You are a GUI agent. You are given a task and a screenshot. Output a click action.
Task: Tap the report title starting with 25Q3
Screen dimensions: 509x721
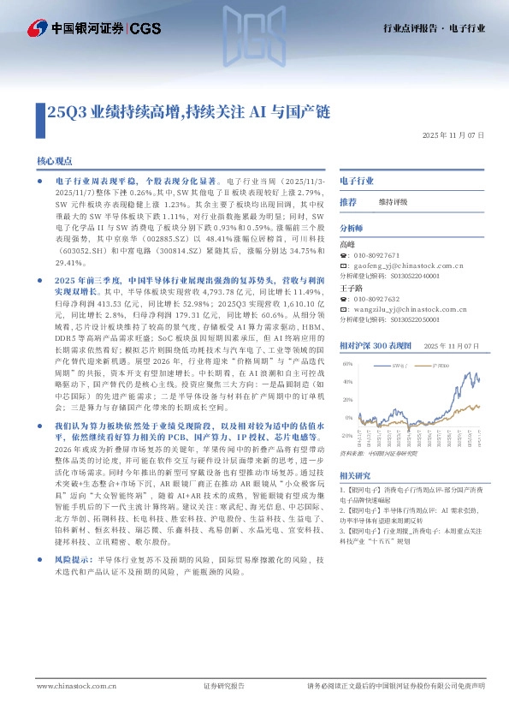click(188, 112)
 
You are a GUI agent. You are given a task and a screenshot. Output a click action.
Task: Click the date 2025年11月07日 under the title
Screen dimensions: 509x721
click(453, 136)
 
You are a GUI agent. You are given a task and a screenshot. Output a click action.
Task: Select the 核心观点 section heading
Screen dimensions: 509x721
click(53, 161)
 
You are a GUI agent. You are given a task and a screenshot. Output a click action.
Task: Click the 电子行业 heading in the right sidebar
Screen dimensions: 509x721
click(357, 182)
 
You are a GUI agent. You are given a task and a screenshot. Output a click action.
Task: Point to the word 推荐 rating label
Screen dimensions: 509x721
click(347, 202)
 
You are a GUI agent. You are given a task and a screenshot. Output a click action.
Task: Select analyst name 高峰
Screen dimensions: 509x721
click(346, 244)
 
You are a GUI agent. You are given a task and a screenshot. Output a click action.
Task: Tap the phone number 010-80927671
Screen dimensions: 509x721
click(376, 255)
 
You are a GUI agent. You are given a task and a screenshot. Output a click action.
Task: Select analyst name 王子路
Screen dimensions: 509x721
click(350, 289)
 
